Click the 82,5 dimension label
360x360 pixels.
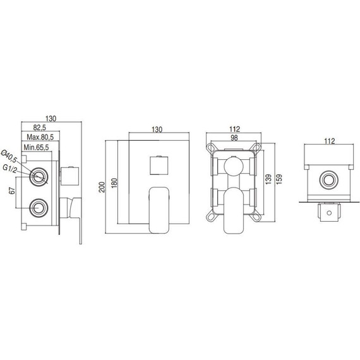coord(40,127)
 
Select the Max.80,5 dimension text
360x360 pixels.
coord(40,137)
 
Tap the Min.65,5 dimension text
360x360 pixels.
coord(36,147)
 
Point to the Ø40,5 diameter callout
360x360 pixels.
coord(9,155)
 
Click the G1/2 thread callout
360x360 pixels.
coord(10,169)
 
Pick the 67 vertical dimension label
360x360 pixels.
coord(12,190)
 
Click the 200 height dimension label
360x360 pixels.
coord(102,187)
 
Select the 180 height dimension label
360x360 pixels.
coord(114,183)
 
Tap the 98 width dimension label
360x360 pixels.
coord(234,138)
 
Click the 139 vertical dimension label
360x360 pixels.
coord(268,179)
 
